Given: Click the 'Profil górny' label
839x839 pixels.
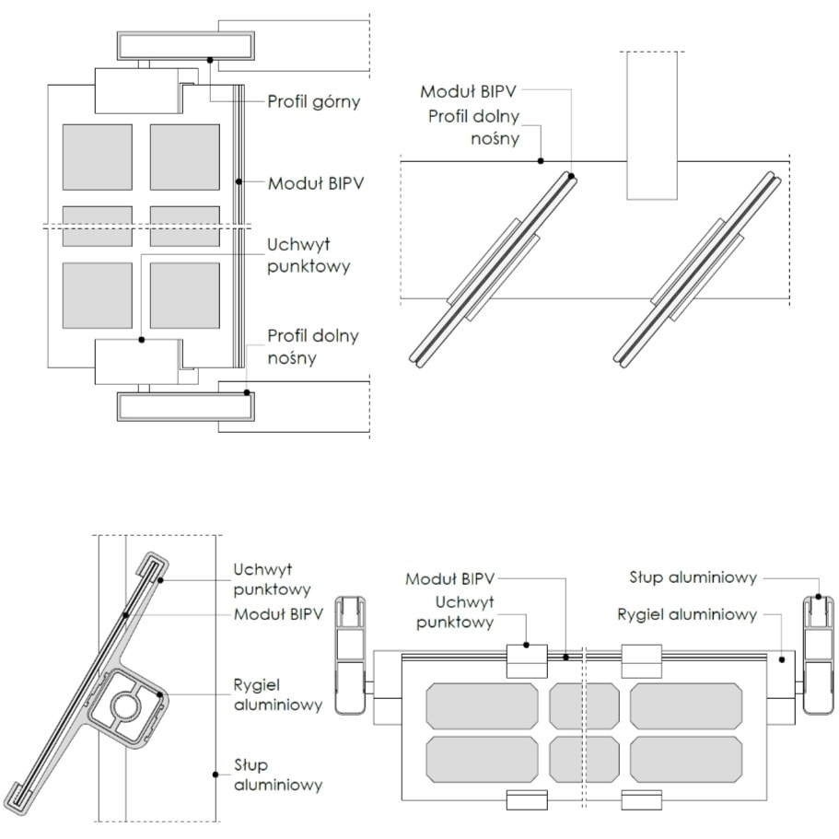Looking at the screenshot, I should click(313, 101).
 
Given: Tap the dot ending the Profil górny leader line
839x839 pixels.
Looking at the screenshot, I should click(211, 60).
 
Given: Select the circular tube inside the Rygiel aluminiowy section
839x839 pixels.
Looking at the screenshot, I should click(125, 707).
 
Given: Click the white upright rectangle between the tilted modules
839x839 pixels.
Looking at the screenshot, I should click(653, 125).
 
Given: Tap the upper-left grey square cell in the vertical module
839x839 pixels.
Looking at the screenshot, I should click(97, 157).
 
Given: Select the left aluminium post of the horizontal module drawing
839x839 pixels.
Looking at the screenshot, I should click(351, 654).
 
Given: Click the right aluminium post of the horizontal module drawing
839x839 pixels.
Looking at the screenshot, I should click(817, 654).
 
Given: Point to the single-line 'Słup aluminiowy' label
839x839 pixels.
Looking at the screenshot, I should click(693, 578).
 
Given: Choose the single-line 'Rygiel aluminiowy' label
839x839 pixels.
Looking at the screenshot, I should click(688, 614).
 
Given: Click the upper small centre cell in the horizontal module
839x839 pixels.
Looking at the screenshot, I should click(584, 705).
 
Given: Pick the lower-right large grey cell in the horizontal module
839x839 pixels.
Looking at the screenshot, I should click(686, 759).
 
